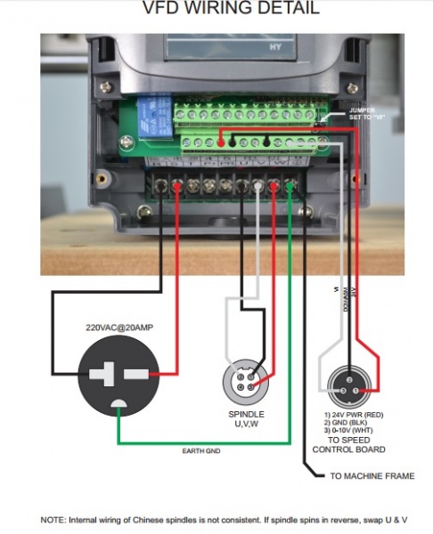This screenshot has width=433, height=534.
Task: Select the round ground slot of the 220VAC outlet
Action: point(118,408)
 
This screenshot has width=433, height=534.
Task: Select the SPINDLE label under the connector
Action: point(246,415)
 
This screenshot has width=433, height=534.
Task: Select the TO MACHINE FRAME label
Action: point(372,477)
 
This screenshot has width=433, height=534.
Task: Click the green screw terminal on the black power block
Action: point(290,186)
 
